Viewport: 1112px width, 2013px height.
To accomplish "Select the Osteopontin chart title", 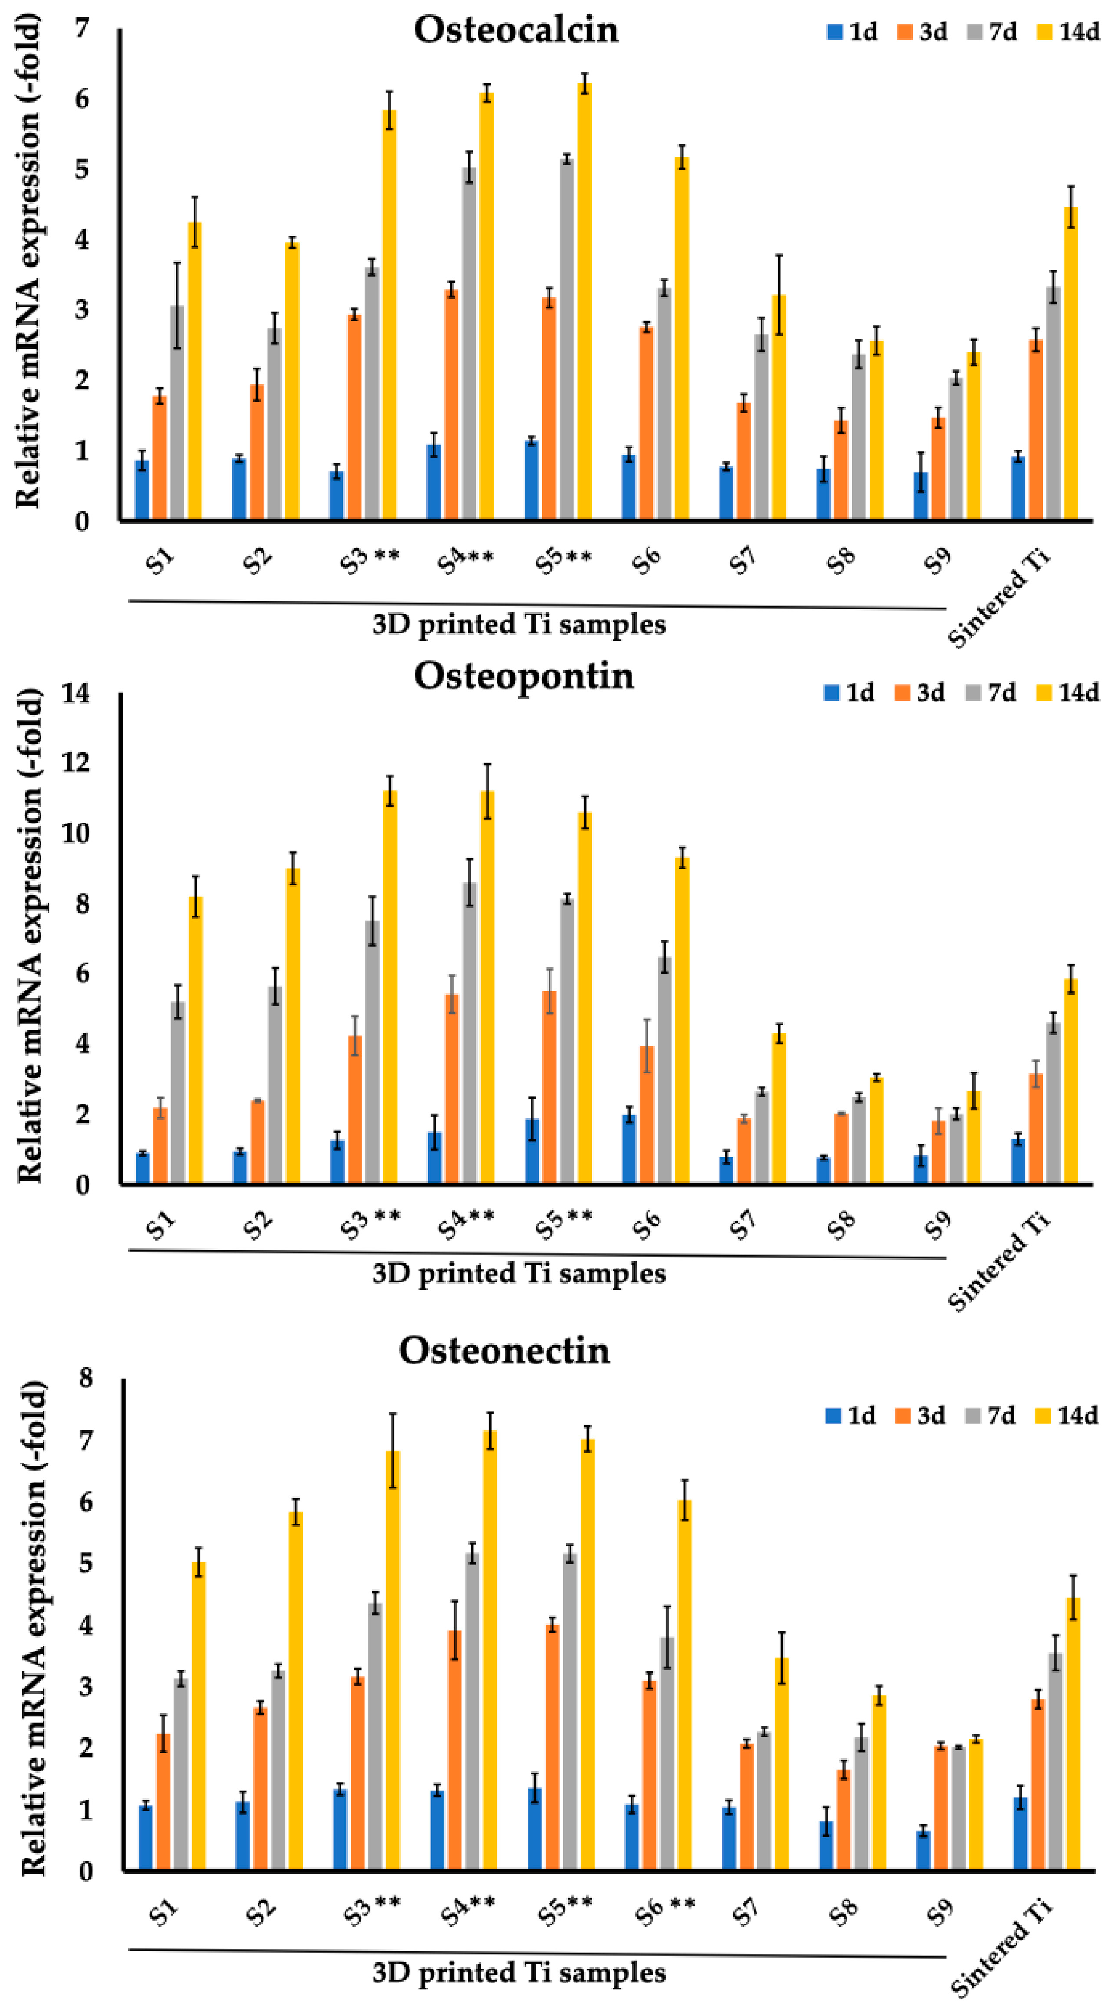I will point(524,675).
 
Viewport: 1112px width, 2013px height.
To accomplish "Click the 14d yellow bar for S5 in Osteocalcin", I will point(584,301).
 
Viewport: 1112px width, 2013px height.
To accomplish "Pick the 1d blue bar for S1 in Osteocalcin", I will point(142,490).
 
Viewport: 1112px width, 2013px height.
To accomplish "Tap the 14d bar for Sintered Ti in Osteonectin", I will point(1073,1735).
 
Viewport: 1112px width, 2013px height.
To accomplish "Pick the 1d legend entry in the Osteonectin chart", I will point(851,1415).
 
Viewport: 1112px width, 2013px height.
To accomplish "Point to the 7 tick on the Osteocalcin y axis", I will point(82,29).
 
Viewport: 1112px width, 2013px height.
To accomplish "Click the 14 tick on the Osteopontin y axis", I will point(77,692).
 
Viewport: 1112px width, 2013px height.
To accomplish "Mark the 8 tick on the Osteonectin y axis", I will point(85,1377).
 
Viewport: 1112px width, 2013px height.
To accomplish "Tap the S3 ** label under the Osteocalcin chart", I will point(370,560).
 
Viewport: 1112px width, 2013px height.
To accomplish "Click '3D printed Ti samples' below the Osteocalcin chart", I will point(519,624).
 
